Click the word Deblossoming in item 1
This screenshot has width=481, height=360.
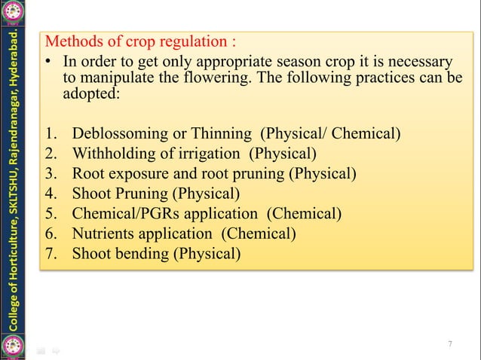click(x=119, y=135)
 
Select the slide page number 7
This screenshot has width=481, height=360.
click(x=450, y=344)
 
